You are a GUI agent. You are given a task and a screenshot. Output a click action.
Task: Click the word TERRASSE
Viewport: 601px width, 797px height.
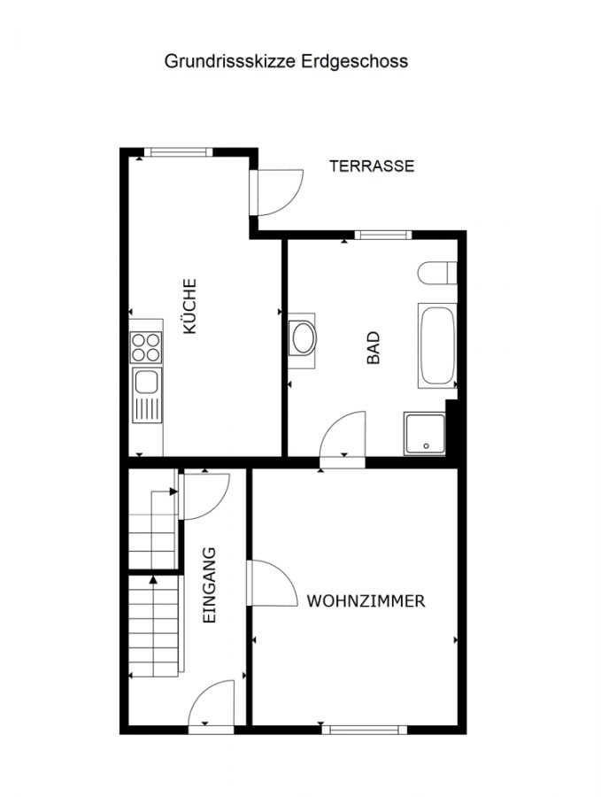[372, 166]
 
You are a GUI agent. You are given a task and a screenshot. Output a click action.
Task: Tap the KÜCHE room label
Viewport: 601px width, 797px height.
[189, 306]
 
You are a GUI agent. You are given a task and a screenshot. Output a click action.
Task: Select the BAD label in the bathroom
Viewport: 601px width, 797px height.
[374, 348]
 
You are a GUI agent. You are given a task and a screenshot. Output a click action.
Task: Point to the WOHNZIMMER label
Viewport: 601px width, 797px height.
[366, 600]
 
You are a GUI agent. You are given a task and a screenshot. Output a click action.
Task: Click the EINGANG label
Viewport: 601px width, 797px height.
[209, 585]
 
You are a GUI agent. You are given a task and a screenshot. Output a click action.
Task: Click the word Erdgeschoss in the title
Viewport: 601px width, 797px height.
[355, 61]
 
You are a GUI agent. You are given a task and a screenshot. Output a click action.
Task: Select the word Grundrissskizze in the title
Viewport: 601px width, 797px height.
[229, 61]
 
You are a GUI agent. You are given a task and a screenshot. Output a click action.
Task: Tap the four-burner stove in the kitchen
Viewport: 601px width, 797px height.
[146, 347]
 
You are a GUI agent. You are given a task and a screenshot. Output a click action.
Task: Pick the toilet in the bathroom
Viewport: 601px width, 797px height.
[437, 273]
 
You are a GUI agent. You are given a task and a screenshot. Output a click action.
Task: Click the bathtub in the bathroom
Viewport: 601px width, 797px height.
[437, 345]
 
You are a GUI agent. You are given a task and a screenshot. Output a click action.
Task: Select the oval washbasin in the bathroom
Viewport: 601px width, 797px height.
[303, 337]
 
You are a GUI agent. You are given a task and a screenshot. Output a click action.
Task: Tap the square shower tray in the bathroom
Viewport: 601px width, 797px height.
[425, 434]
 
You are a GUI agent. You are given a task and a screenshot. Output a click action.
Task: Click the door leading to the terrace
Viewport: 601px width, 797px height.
[277, 192]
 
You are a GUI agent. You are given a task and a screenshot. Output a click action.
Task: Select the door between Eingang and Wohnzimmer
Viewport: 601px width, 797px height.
[273, 583]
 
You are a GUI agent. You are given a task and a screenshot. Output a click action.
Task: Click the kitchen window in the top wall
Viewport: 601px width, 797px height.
[178, 152]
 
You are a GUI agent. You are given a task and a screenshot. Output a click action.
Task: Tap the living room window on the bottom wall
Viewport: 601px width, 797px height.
[365, 730]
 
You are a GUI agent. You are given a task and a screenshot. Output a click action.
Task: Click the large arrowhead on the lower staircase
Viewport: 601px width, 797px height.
[153, 579]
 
